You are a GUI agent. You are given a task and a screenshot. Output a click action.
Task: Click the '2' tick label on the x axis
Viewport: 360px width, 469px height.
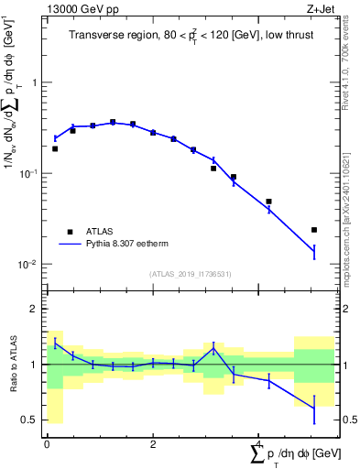pos(153,444)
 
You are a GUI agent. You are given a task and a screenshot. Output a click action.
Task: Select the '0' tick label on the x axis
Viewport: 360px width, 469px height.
pos(47,444)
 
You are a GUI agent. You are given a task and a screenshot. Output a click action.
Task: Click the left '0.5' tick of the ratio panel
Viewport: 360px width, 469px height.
pos(31,420)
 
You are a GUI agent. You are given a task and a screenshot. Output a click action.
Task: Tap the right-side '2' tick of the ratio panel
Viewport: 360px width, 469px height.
pos(344,310)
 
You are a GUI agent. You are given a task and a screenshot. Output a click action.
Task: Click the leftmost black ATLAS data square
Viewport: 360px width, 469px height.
pos(55,148)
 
